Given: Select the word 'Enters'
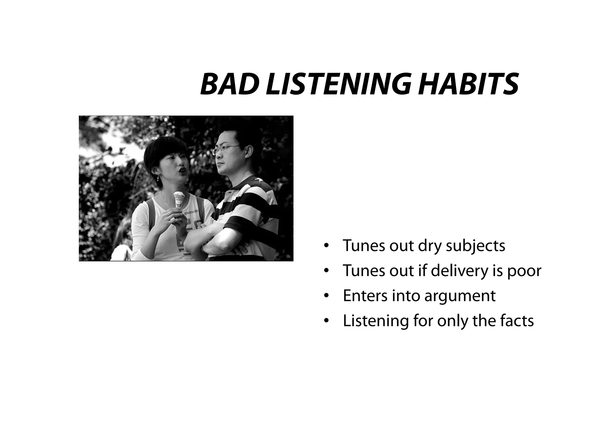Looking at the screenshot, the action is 365,296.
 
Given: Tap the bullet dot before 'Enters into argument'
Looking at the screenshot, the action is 326,296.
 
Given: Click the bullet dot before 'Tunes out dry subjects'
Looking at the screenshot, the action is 326,246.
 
